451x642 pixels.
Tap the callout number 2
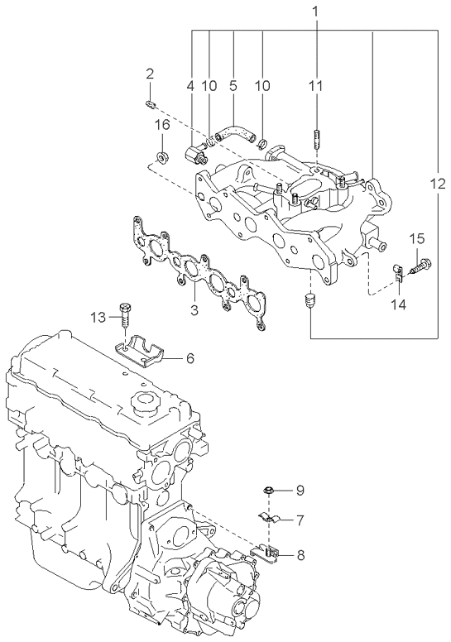(x=150, y=74)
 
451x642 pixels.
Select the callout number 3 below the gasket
(x=194, y=310)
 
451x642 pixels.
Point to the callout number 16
(x=163, y=125)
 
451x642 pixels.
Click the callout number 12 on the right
(x=438, y=184)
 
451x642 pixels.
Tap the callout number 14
(x=398, y=304)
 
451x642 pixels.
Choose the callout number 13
(x=98, y=318)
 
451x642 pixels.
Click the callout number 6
(x=190, y=359)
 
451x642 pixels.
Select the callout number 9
(x=300, y=490)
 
